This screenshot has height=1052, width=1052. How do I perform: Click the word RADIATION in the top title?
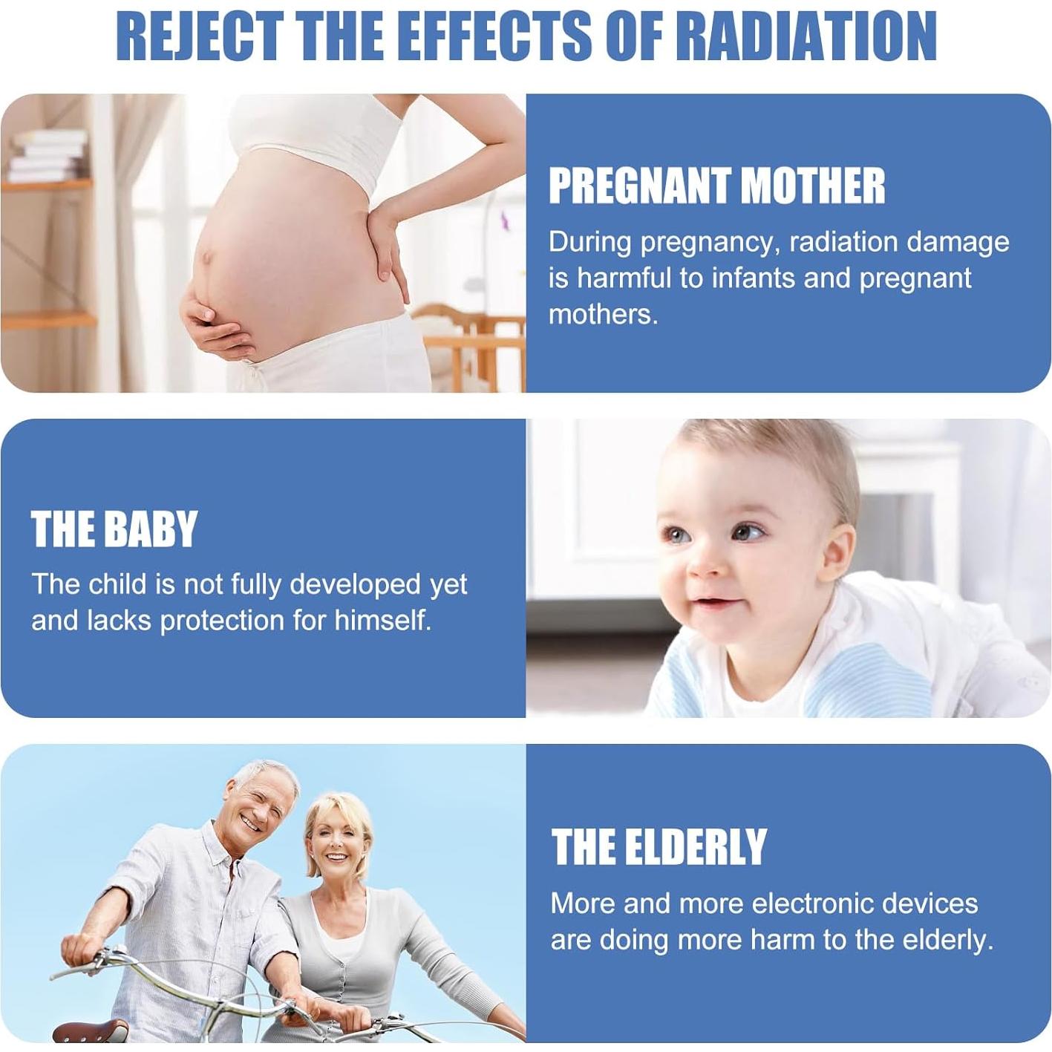809,36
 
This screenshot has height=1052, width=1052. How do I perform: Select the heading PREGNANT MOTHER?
717,186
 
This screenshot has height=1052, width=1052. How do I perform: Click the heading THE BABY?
114,529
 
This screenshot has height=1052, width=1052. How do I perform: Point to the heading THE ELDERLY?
659,847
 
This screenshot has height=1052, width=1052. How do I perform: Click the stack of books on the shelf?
48,156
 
